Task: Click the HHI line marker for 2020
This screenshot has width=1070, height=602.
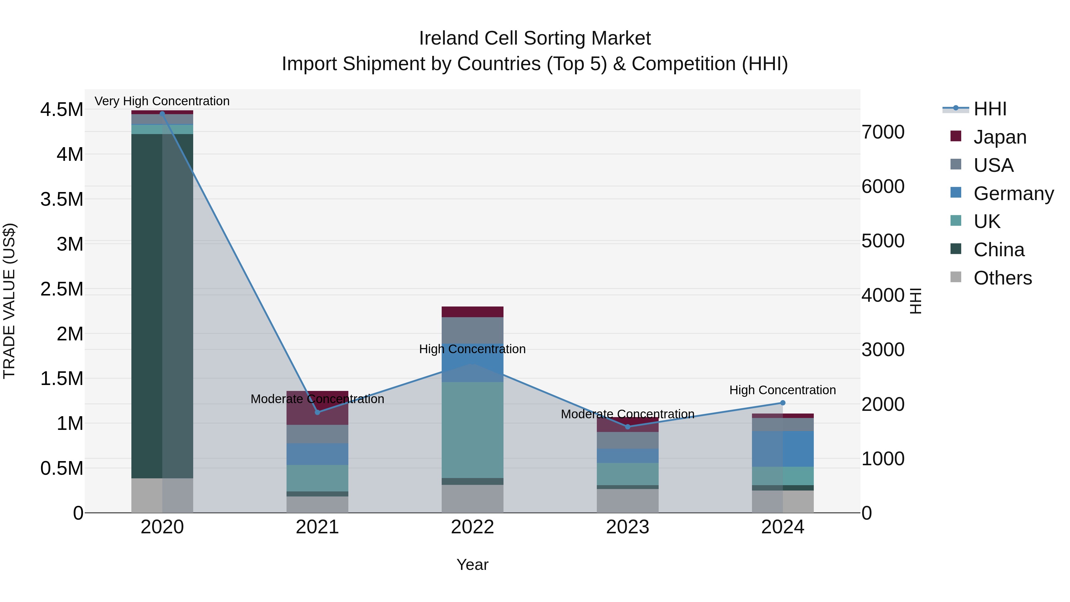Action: click(162, 113)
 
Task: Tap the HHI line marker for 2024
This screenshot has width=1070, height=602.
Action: click(783, 403)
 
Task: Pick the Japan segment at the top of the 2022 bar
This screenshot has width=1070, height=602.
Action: click(472, 312)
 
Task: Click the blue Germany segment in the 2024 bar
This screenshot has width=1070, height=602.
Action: click(783, 449)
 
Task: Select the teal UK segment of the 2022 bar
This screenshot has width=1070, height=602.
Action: click(472, 430)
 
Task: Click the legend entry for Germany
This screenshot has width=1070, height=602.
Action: click(1014, 193)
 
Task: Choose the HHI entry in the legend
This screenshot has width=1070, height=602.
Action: click(989, 109)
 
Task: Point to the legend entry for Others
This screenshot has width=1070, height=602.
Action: click(1002, 278)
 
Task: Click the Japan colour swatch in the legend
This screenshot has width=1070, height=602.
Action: click(956, 136)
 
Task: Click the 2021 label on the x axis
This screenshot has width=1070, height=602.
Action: click(317, 527)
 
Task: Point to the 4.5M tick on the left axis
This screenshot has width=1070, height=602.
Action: click(62, 110)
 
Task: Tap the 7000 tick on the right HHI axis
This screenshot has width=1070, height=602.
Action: click(883, 132)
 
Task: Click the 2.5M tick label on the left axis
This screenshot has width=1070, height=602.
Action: click(62, 289)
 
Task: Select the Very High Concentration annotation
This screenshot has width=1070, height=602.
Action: click(162, 101)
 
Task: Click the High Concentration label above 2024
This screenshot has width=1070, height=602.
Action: click(783, 390)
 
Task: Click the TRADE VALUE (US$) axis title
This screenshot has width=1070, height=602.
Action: click(9, 301)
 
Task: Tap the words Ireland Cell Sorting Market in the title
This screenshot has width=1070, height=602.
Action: click(535, 38)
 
